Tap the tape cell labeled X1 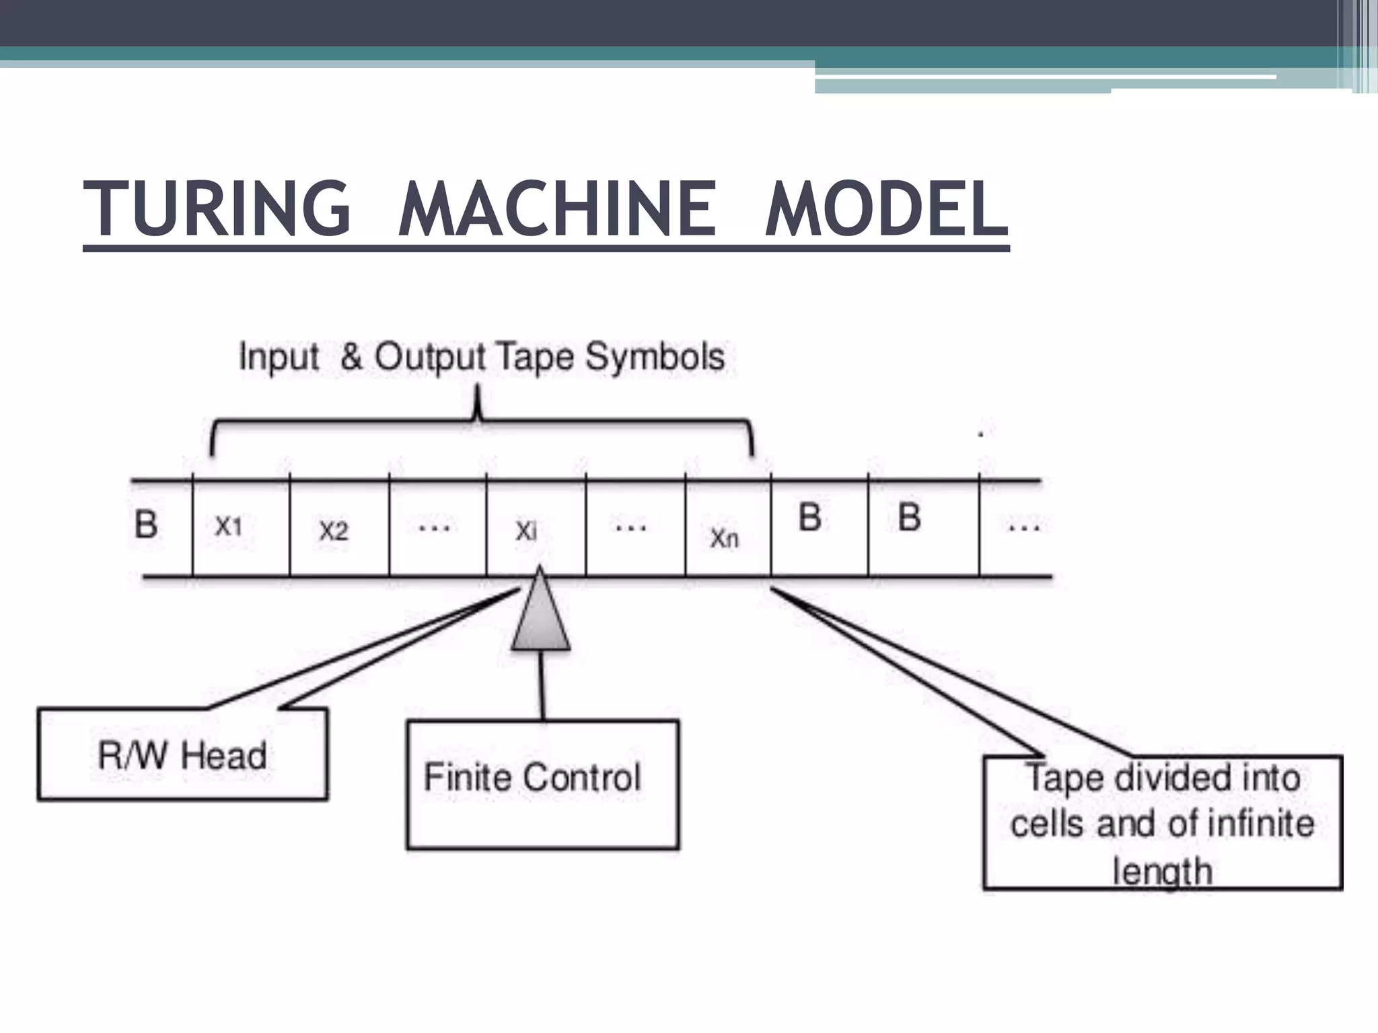[240, 528]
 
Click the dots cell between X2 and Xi [435, 528]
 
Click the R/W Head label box [182, 755]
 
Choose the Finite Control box [542, 784]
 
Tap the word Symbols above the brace [654, 356]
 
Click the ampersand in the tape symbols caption [351, 356]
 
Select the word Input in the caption [279, 356]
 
